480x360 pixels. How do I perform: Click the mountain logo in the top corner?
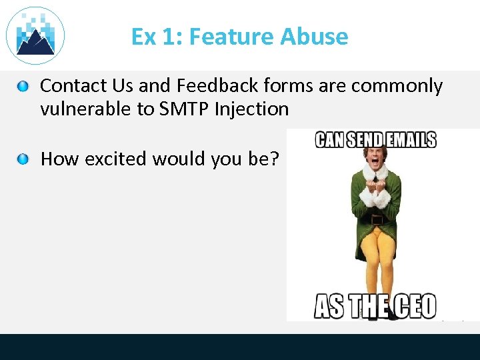[x=35, y=35]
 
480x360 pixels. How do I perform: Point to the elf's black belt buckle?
[x=377, y=219]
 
